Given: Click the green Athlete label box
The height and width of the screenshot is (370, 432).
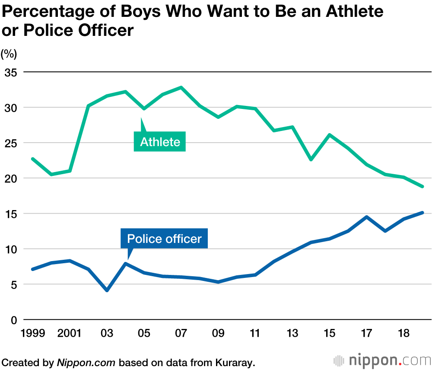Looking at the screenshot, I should [x=160, y=142].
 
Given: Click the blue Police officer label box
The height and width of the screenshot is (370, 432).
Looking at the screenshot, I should [x=164, y=239].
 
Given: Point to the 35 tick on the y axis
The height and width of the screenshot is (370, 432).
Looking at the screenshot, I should [x=10, y=72].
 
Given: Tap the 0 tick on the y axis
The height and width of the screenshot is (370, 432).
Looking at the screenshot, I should [x=13, y=320].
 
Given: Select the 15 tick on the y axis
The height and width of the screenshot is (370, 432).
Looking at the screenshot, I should [x=10, y=214].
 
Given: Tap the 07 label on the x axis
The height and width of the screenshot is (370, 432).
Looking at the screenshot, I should [x=181, y=334].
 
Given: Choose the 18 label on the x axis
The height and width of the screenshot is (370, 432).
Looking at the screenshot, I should [x=403, y=334].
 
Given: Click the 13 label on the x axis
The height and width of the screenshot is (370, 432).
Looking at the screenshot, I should [x=292, y=334].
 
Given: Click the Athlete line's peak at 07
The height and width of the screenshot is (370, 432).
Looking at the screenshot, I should [x=181, y=87].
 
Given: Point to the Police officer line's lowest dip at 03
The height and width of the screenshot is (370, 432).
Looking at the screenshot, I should [x=107, y=290].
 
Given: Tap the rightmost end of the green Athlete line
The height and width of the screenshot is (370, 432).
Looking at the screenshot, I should [x=422, y=186].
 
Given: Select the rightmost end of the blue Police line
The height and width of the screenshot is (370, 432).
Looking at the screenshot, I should [x=422, y=213].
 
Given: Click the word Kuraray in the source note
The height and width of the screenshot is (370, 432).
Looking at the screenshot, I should [x=237, y=362].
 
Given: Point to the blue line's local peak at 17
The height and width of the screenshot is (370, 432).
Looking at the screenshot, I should [x=366, y=217].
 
